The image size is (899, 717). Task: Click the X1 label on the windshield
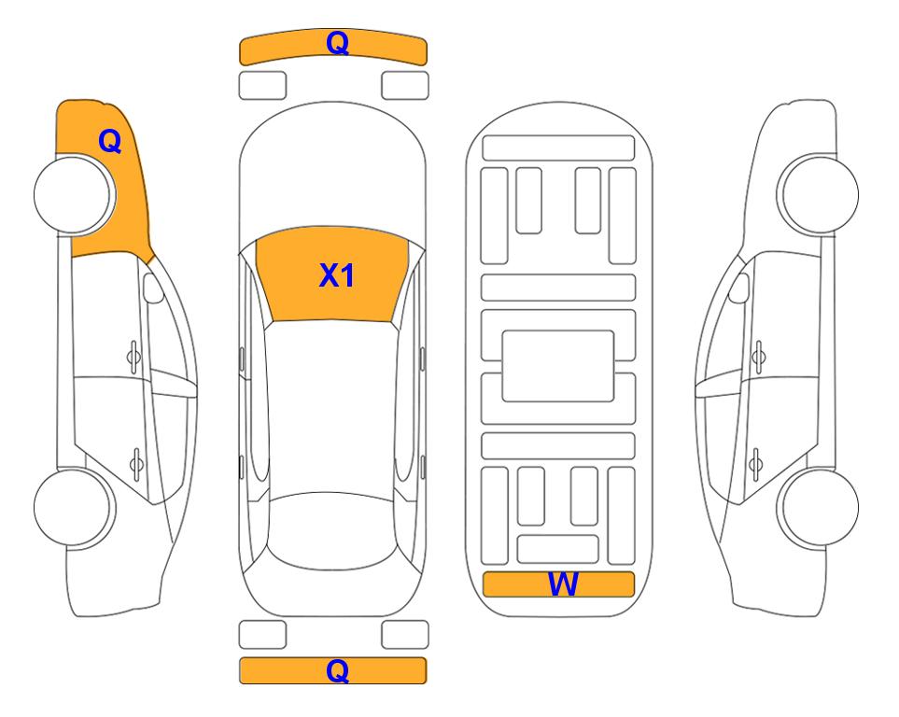pos(337,275)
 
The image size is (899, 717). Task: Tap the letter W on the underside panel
pos(563,584)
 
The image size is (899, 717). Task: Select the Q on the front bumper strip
pos(337,42)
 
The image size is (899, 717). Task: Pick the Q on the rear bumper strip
pos(337,670)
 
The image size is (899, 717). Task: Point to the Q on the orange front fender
pos(109,141)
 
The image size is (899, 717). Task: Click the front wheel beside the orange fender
pos(74,194)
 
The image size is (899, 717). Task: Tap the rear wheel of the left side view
pos(74,507)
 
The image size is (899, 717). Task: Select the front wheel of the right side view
pos(818,194)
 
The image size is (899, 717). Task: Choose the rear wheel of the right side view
pos(818,507)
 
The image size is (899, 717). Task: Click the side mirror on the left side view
pos(152,288)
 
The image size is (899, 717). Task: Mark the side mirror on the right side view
pos(739,288)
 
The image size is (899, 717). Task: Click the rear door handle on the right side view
pos(756,464)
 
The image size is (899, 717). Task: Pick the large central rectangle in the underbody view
pos(558,366)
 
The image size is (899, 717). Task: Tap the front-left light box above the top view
pos(262,86)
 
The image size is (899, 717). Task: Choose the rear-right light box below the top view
pos(405,635)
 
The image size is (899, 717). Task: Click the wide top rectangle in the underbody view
pos(558,148)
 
